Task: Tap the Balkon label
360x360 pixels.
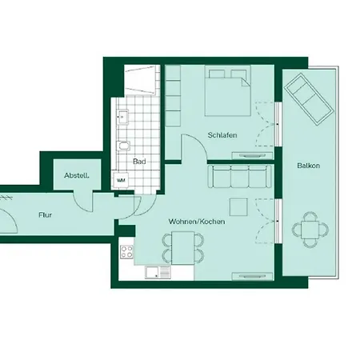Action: click(x=308, y=166)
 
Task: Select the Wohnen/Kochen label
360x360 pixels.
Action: click(x=196, y=221)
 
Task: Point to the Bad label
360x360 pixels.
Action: click(x=139, y=161)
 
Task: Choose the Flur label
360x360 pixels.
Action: click(x=45, y=214)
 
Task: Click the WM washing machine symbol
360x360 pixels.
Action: click(x=122, y=180)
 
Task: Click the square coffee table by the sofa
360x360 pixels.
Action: click(x=238, y=206)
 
